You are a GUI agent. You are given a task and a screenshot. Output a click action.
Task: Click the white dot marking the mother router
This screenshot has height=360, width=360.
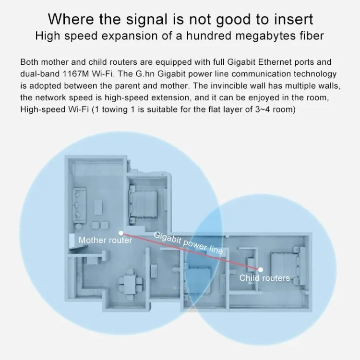tap(121, 233)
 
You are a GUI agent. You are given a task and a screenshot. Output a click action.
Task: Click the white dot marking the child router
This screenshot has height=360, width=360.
tap(260, 270)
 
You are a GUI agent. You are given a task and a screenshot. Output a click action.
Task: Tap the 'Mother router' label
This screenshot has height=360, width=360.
tap(106, 240)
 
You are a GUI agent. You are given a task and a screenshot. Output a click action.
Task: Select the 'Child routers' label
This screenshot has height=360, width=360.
tap(264, 278)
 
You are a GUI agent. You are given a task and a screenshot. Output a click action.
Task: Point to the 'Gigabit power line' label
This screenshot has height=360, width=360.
tap(188, 243)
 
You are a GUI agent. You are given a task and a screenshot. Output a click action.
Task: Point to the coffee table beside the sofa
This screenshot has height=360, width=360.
tap(98, 207)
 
